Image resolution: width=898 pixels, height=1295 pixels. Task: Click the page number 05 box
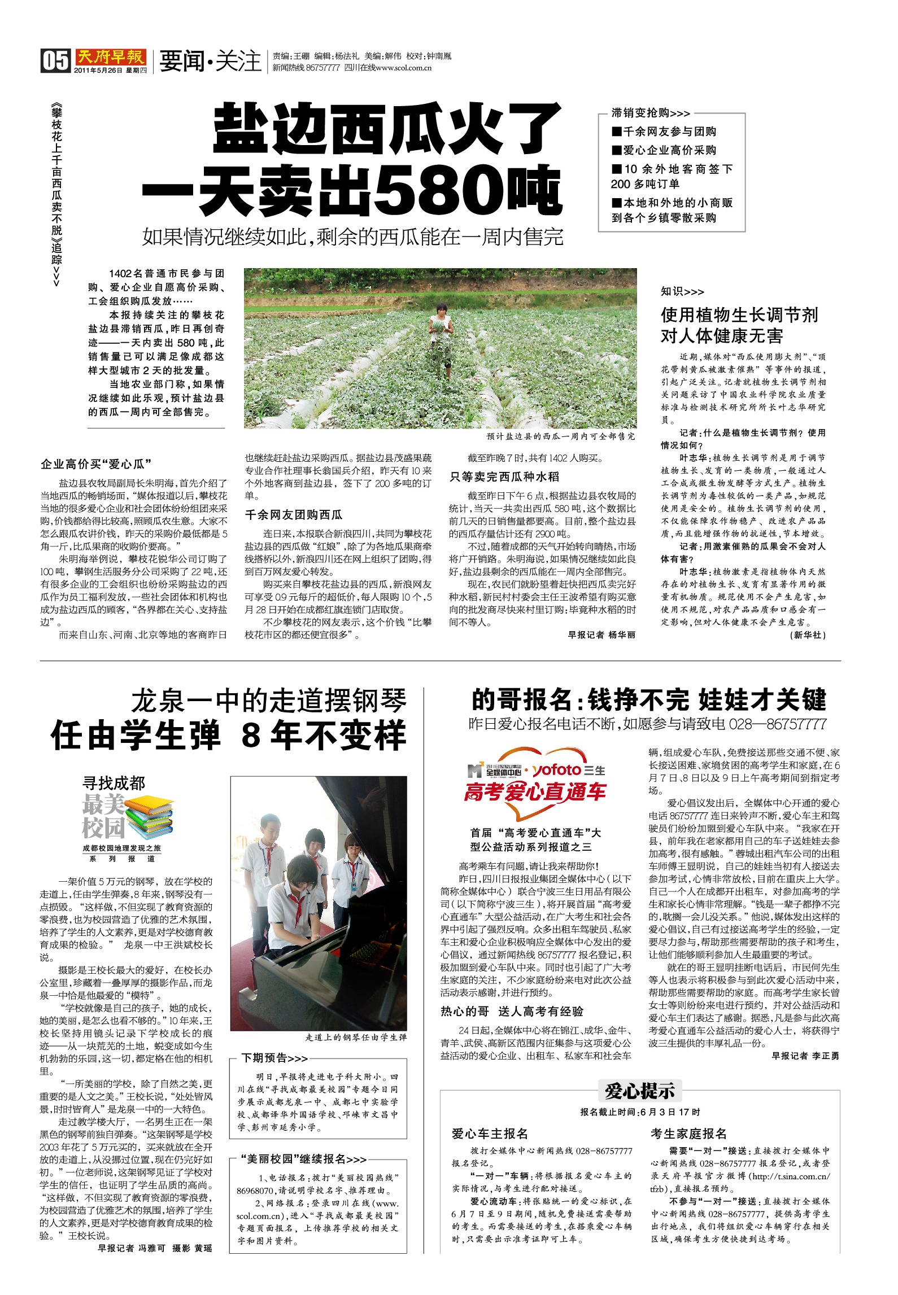(55, 60)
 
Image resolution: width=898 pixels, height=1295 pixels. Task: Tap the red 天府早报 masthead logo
(111, 57)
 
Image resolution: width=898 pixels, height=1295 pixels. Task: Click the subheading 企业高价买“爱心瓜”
(96, 464)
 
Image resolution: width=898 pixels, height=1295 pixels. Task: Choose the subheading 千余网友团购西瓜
(294, 514)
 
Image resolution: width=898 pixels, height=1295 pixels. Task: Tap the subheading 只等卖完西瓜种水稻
(504, 476)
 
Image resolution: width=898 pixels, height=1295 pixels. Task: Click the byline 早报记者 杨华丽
(601, 635)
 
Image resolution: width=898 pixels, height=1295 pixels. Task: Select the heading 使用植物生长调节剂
(739, 315)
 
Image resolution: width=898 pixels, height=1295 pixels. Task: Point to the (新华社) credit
(808, 635)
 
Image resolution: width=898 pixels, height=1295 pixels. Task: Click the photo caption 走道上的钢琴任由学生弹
(356, 1037)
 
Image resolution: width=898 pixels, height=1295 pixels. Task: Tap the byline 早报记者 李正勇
(805, 1056)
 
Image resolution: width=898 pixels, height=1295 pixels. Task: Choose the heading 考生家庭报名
(688, 1133)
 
